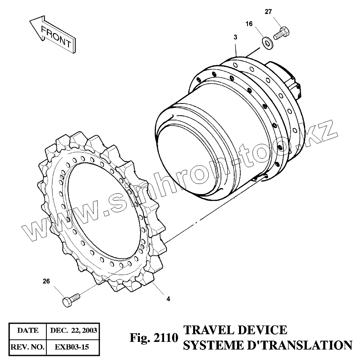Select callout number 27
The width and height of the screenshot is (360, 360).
[268, 12]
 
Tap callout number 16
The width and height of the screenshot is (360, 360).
[249, 24]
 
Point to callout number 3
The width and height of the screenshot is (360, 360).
[235, 37]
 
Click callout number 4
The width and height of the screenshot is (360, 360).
[168, 299]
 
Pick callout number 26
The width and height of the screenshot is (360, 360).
[46, 281]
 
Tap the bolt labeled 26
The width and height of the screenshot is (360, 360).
[71, 299]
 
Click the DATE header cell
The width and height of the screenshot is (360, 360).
[28, 331]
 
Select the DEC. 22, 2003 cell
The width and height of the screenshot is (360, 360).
[73, 331]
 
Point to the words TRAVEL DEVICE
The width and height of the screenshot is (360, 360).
[235, 330]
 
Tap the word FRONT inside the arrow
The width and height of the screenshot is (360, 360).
[56, 35]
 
